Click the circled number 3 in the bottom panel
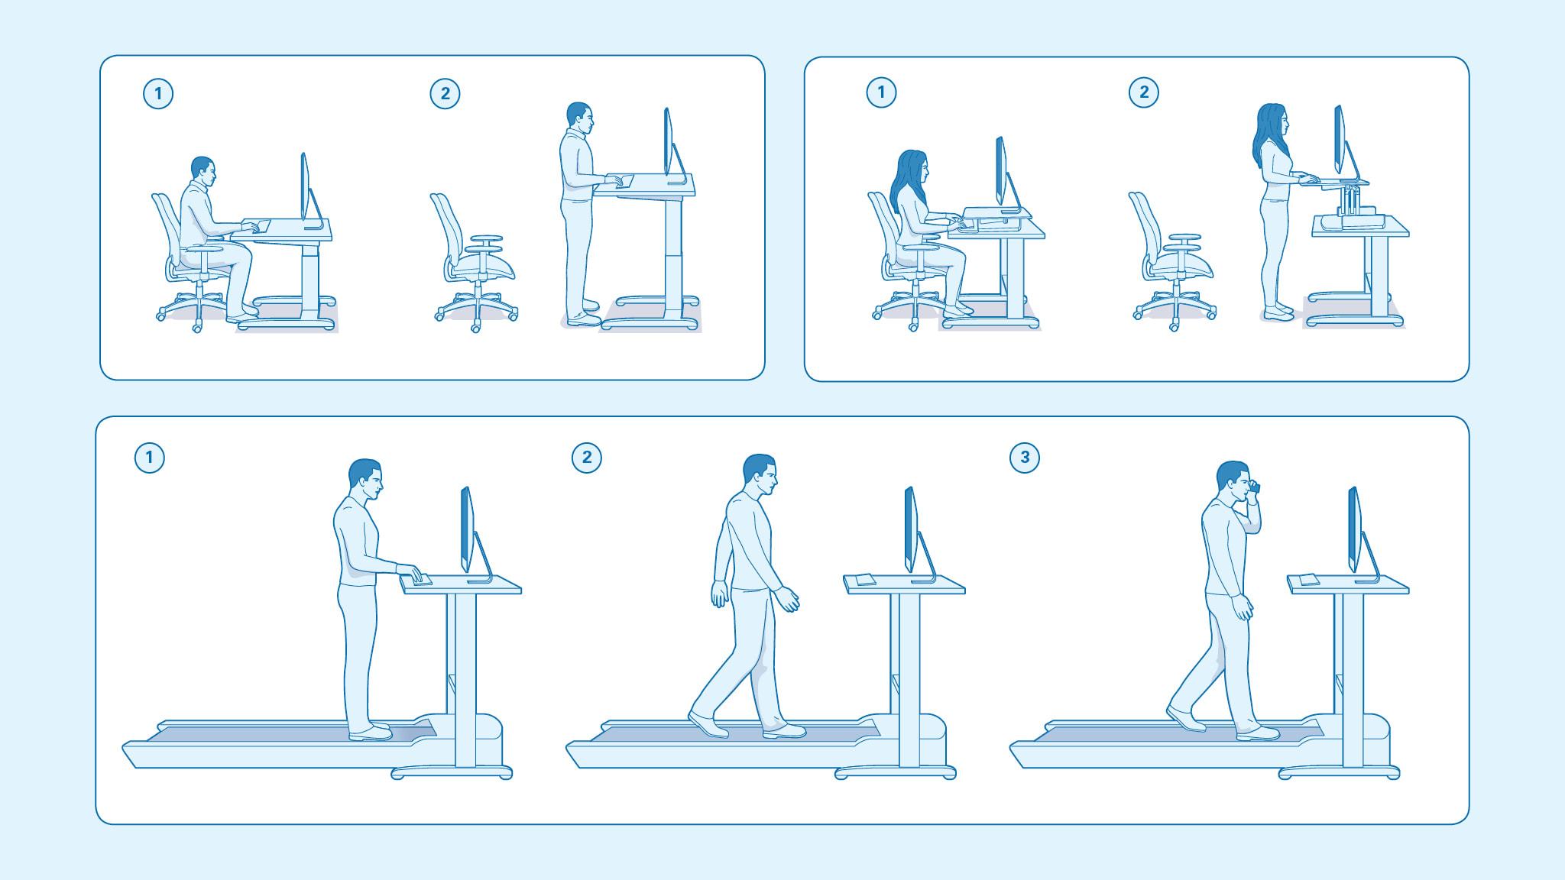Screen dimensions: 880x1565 pos(1024,458)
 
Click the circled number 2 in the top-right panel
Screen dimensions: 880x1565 pos(1143,92)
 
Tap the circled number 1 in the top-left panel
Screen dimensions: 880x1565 pos(158,94)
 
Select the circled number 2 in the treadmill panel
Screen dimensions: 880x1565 pos(586,458)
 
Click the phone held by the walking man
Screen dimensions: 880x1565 pos(1254,487)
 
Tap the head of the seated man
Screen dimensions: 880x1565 pos(203,170)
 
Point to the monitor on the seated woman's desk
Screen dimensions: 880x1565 pos(1001,171)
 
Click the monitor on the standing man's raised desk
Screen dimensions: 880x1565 pos(668,143)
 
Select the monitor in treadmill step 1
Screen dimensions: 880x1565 pos(466,529)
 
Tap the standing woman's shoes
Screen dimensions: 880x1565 pos(1278,312)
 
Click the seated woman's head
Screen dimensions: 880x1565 pos(913,168)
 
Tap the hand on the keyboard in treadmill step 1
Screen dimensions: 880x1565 pos(410,573)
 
